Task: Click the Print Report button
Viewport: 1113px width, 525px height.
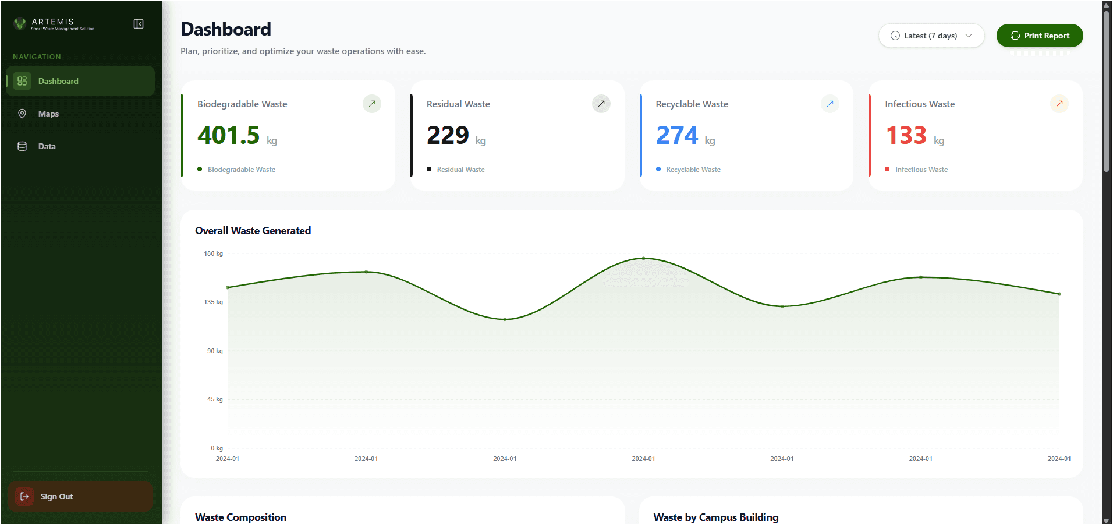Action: [x=1040, y=36]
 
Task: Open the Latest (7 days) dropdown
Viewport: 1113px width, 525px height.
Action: [x=931, y=36]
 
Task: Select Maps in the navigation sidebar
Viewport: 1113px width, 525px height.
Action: [x=48, y=114]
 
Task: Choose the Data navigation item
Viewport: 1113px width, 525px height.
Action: [x=47, y=146]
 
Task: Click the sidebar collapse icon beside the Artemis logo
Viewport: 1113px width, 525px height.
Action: [x=139, y=24]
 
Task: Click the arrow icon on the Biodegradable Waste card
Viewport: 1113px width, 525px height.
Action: [x=372, y=104]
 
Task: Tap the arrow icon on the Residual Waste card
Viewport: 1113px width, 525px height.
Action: [x=601, y=104]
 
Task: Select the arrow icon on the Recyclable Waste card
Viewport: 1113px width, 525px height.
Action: [x=830, y=104]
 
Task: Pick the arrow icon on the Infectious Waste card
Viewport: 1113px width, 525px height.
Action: [x=1059, y=104]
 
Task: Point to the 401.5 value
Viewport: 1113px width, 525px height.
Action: [x=229, y=135]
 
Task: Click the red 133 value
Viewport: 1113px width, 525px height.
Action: [x=906, y=135]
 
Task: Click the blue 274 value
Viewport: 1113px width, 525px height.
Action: [x=677, y=135]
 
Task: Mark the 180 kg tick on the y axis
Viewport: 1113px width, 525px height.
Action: [x=214, y=253]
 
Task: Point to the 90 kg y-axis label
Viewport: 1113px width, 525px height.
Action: [x=215, y=351]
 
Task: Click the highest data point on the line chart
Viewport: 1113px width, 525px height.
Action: [x=643, y=258]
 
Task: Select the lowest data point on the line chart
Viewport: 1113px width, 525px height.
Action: [x=505, y=319]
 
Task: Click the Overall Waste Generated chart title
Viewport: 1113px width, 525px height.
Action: [x=253, y=231]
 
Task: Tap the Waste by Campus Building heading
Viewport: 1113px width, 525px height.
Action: [x=715, y=517]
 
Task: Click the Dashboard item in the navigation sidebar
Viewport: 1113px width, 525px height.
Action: [x=58, y=81]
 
